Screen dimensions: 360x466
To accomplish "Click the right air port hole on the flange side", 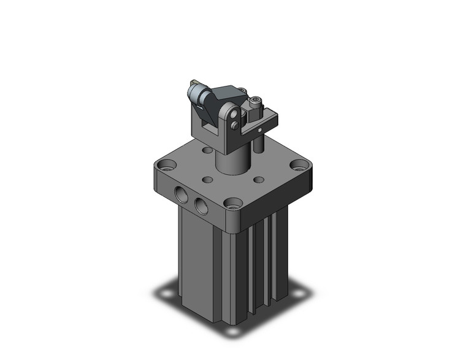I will tap(200, 204).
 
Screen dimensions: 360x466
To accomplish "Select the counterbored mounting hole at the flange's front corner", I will tap(232, 202).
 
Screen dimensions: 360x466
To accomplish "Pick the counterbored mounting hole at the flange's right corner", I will tap(299, 164).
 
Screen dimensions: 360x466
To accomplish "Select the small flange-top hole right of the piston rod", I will tap(259, 180).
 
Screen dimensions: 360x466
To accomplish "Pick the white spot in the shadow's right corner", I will tap(298, 295).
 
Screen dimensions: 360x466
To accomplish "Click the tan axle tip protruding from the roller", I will tap(192, 82).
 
